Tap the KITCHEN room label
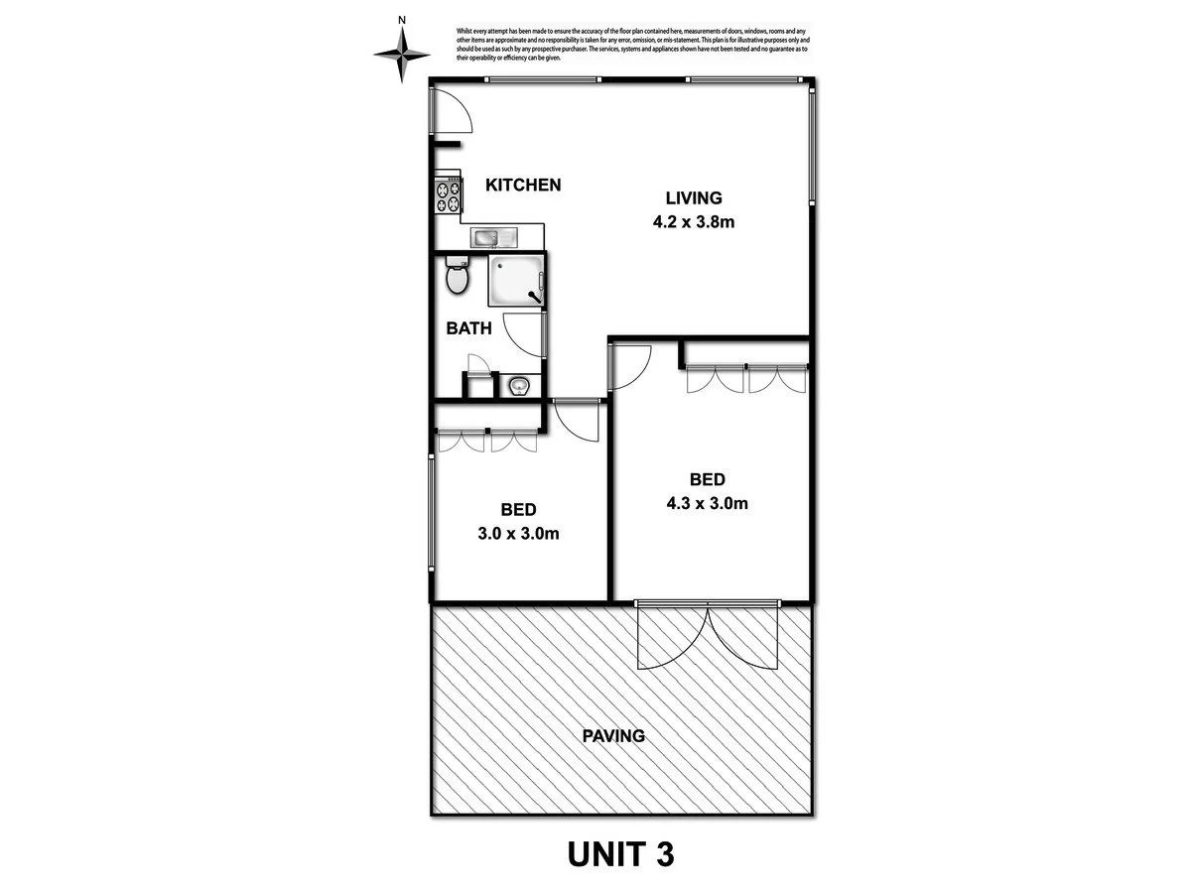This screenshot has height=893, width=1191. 523,185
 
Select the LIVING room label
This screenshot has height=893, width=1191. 693,197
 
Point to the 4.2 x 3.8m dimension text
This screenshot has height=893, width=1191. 693,221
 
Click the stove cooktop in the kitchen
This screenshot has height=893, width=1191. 448,196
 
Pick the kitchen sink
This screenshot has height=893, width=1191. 493,238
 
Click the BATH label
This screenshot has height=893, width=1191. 467,328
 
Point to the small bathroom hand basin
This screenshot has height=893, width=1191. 518,385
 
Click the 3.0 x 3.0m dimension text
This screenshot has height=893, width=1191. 518,534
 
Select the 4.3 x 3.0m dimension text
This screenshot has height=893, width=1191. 707,503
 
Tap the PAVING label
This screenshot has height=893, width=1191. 613,736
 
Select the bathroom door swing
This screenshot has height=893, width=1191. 524,335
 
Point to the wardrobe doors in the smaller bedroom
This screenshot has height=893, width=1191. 488,441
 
